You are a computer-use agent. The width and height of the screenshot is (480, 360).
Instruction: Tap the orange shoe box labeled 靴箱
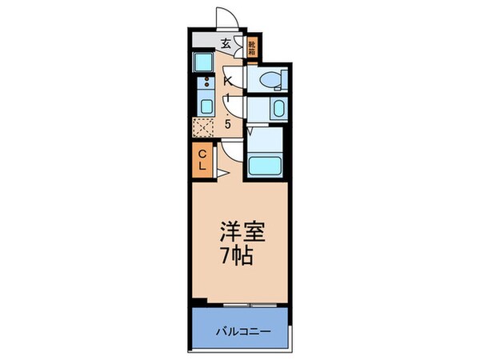(x=252, y=48)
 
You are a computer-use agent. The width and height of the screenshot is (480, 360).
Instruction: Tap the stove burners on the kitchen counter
(x=205, y=82)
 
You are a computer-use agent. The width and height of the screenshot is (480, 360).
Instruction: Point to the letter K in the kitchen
(x=229, y=80)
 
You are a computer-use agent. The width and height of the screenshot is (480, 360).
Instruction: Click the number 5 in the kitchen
(x=228, y=124)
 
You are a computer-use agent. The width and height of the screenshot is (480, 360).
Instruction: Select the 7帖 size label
(x=238, y=256)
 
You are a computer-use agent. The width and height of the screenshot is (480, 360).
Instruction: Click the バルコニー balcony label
(x=240, y=330)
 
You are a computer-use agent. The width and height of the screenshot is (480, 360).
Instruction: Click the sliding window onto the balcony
(x=250, y=306)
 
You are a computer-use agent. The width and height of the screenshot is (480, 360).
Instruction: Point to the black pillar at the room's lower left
(x=195, y=302)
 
